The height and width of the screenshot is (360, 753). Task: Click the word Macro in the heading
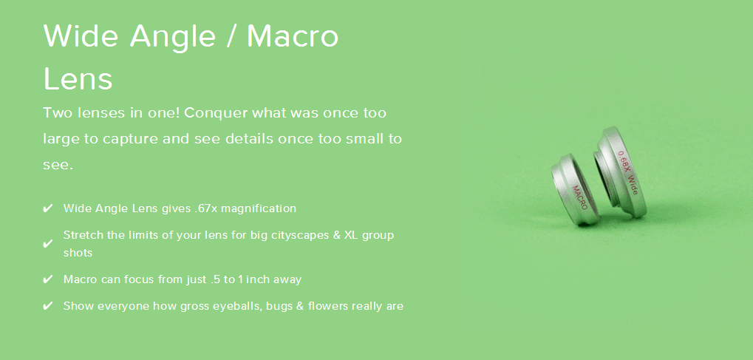[x=293, y=35]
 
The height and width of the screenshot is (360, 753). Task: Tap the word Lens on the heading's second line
[x=78, y=78]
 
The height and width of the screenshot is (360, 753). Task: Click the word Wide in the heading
[x=81, y=35]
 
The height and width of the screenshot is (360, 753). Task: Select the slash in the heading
[x=231, y=35]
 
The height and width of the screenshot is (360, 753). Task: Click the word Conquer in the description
[x=216, y=113]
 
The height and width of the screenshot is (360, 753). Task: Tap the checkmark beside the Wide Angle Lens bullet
[x=47, y=208]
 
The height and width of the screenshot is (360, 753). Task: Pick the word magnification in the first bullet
[x=259, y=209]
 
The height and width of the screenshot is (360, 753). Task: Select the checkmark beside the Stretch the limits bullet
[x=47, y=244]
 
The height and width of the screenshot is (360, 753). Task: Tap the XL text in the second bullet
[x=350, y=236]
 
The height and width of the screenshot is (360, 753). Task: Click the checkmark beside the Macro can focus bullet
[x=47, y=279]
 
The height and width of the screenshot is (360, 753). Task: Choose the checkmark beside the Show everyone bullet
[x=47, y=306]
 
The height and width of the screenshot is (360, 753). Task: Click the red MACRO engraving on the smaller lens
[x=579, y=197]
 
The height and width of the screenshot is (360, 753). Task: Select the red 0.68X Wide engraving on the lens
[x=627, y=172]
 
